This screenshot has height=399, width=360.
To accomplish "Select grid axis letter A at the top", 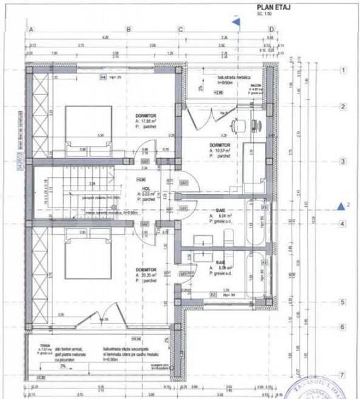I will click(x=30, y=29).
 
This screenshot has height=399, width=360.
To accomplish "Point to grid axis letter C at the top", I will click(x=181, y=29).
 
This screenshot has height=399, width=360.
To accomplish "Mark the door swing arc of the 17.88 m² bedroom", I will click(x=145, y=152).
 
